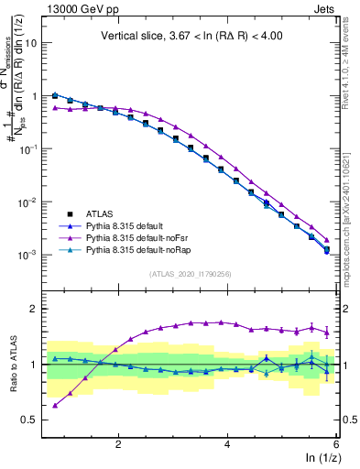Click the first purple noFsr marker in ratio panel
pyautogui.click(x=56, y=405)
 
